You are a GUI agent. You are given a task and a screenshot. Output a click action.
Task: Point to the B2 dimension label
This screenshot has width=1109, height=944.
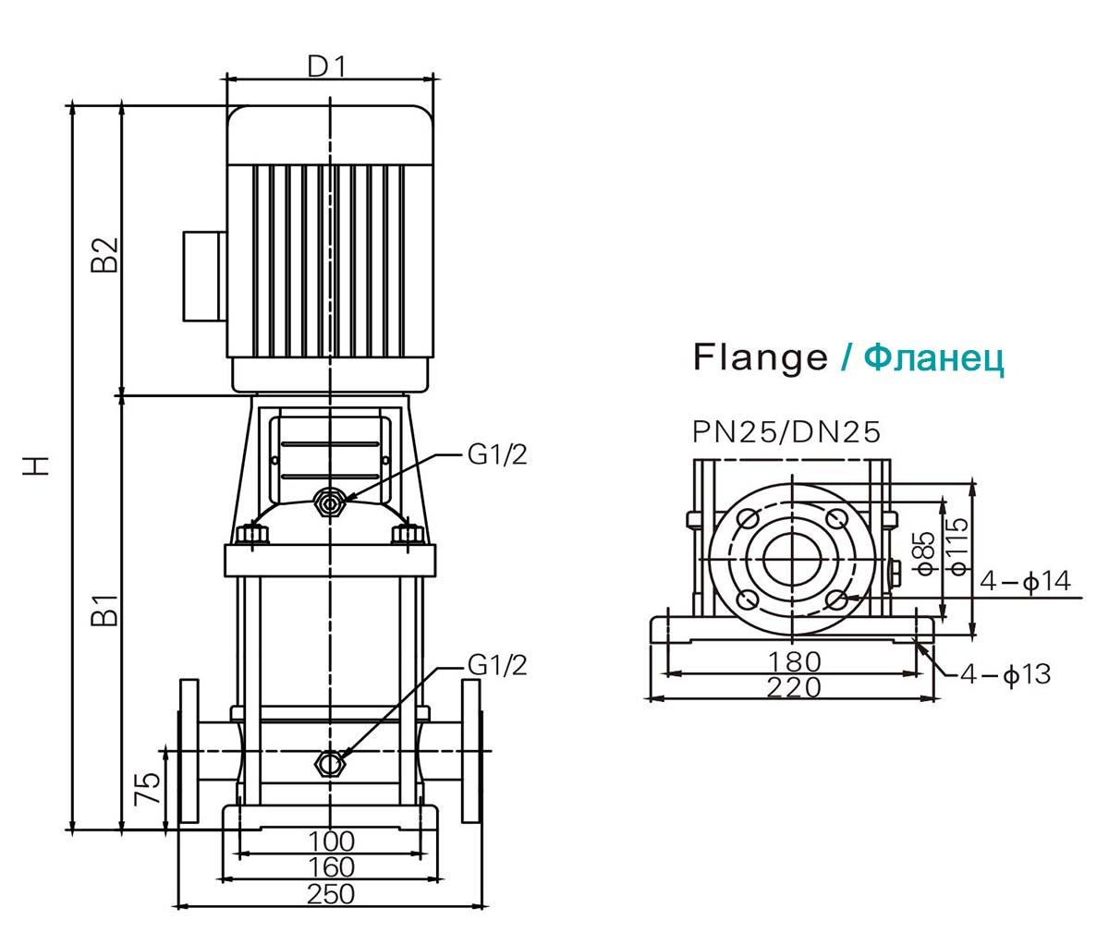pos(105,255)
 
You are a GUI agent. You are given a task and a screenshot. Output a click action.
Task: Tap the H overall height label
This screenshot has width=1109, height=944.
pos(38,465)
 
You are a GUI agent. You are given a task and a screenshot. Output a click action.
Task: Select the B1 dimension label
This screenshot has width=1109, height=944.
pos(105,611)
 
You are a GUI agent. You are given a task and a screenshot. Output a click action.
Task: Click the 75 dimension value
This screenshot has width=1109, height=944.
pos(148,789)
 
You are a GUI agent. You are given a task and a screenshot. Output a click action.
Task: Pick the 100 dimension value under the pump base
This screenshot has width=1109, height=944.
pos(331,841)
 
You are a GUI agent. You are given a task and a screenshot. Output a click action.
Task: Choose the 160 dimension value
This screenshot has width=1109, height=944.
pos(331,867)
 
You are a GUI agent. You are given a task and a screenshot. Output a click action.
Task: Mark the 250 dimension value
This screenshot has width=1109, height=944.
pos(331,894)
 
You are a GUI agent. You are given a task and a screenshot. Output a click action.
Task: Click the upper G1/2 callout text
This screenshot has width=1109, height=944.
pos(496,456)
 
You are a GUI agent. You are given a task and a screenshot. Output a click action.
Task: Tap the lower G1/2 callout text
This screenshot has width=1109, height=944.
pos(496,665)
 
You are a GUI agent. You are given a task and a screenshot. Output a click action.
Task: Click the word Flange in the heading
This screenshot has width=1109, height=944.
pos(761,357)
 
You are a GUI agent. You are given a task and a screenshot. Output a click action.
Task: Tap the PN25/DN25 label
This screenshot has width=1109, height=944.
pos(786,431)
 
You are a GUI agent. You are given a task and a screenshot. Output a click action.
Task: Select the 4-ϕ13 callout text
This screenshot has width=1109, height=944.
pos(1005,675)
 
